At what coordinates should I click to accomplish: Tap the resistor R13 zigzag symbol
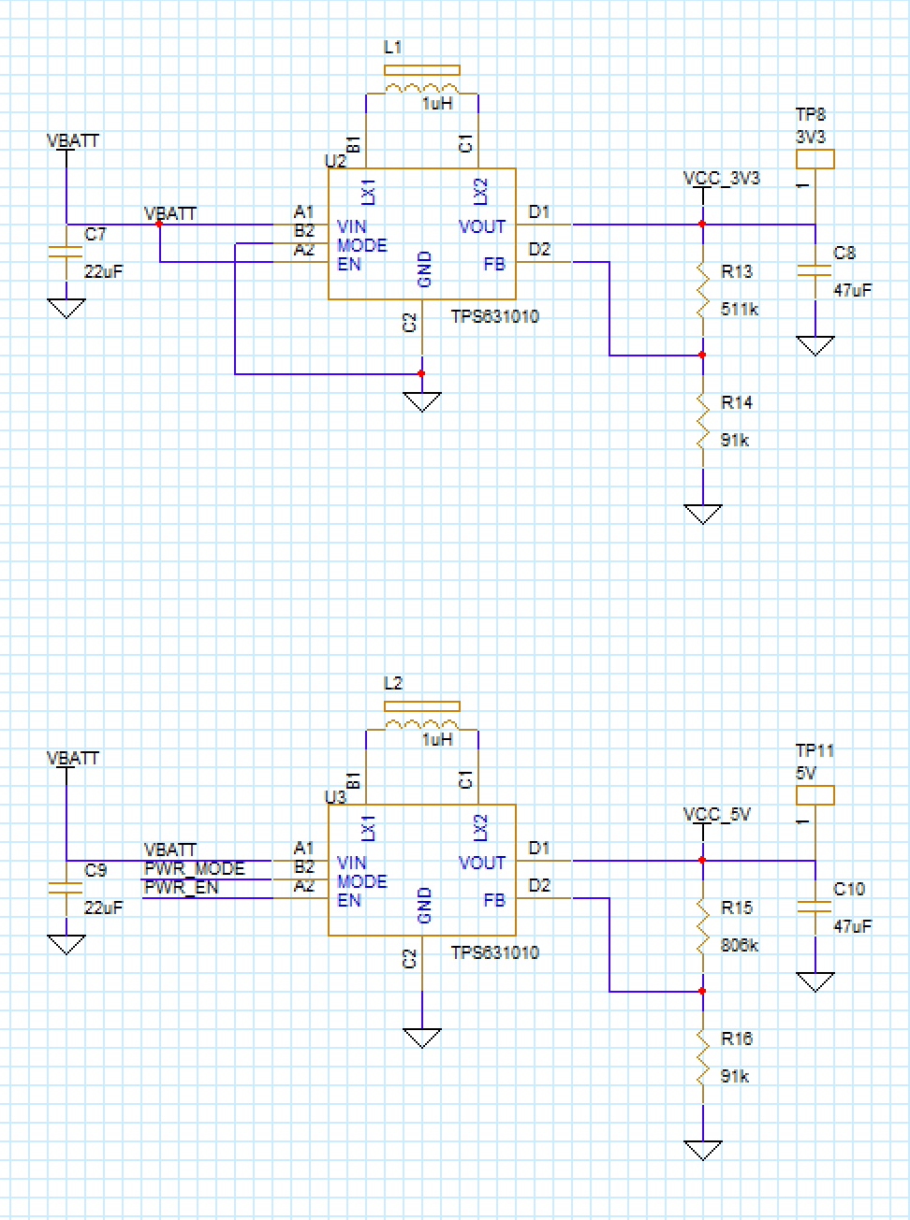(x=702, y=290)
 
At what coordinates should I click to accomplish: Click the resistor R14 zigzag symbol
(x=702, y=421)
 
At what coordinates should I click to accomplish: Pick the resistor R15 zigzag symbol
(x=702, y=926)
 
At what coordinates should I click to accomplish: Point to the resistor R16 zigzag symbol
(x=702, y=1057)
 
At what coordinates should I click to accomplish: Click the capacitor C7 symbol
(x=66, y=252)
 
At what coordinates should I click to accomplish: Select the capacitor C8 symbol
(x=815, y=270)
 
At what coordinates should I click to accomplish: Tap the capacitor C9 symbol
(x=66, y=888)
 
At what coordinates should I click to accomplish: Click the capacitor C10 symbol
(x=815, y=907)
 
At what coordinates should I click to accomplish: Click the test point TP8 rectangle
(x=815, y=159)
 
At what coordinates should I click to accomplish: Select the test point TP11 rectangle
(x=815, y=795)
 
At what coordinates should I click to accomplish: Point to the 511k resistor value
(x=740, y=309)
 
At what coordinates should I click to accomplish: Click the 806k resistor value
(x=740, y=945)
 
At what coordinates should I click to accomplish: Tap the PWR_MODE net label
(x=194, y=869)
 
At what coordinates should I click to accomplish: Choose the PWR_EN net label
(x=181, y=887)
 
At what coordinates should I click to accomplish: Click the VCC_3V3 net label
(x=721, y=178)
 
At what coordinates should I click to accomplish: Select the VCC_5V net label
(x=717, y=814)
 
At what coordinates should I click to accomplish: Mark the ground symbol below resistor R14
(x=702, y=514)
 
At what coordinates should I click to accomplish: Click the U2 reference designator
(x=335, y=161)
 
